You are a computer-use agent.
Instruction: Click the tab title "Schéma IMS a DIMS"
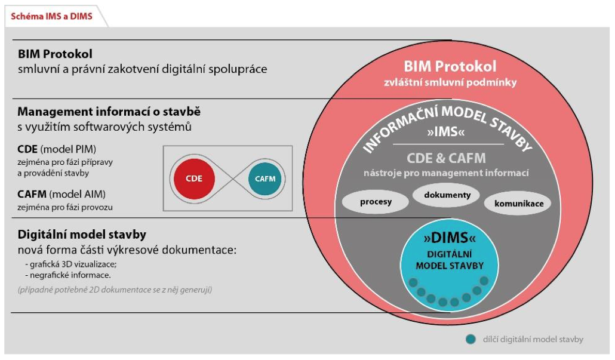click(x=52, y=16)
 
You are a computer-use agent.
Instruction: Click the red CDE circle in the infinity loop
click(x=194, y=178)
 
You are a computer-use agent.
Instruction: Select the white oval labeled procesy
click(x=376, y=201)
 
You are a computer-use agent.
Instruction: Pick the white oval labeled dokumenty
click(x=447, y=195)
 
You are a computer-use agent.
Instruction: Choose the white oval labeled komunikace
click(x=519, y=204)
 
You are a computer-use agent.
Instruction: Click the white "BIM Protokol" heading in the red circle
click(x=450, y=66)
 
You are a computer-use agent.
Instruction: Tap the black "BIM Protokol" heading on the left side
click(x=55, y=54)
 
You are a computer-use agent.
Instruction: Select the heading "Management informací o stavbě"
click(x=109, y=112)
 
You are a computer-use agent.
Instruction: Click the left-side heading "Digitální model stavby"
click(x=82, y=234)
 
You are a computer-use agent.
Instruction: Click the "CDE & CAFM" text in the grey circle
click(x=447, y=158)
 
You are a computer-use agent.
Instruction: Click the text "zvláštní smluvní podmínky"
click(x=450, y=82)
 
